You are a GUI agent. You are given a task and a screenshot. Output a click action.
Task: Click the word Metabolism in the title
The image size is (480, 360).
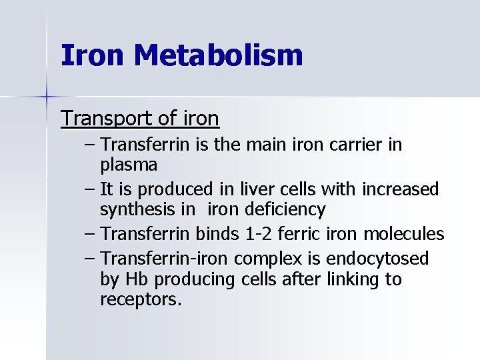(x=218, y=55)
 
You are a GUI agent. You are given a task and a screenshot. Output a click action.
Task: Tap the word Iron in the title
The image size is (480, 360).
(x=93, y=55)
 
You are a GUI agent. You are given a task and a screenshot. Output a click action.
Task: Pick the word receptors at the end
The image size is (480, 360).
(x=140, y=300)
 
